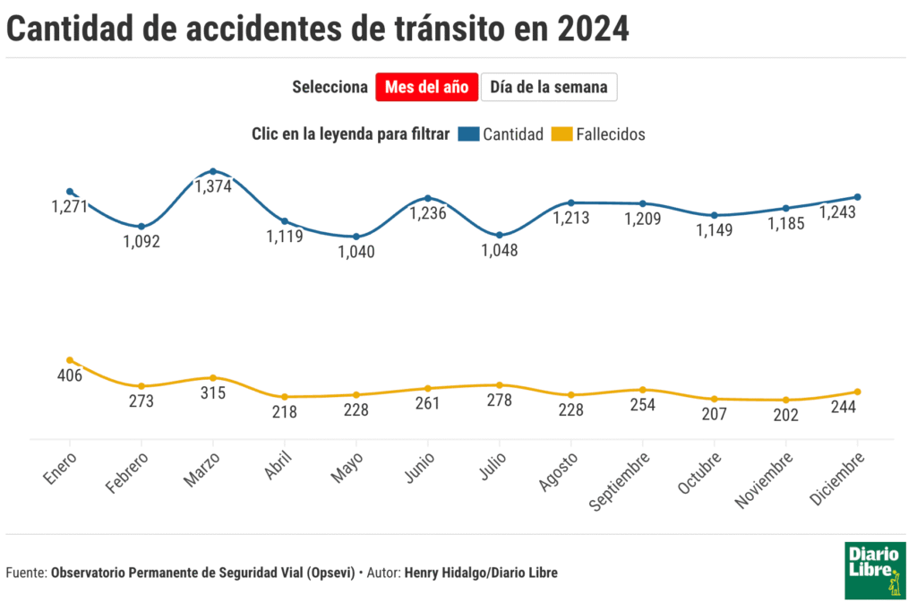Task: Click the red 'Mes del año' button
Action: pos(427,87)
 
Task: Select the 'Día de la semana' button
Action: pos(549,87)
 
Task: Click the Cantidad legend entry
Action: pos(501,134)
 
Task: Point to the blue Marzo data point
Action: pos(213,171)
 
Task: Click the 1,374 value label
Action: pos(213,186)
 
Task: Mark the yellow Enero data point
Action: pos(70,360)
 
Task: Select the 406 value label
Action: pos(70,375)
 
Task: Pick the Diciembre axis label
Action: pos(837,480)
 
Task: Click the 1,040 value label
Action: pos(356,252)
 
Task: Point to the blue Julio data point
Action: pos(500,235)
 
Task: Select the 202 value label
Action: pos(786,416)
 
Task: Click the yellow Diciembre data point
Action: pos(858,392)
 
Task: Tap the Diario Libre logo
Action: pos(875,570)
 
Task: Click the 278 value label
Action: pos(500,401)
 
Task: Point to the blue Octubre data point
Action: pos(715,215)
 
